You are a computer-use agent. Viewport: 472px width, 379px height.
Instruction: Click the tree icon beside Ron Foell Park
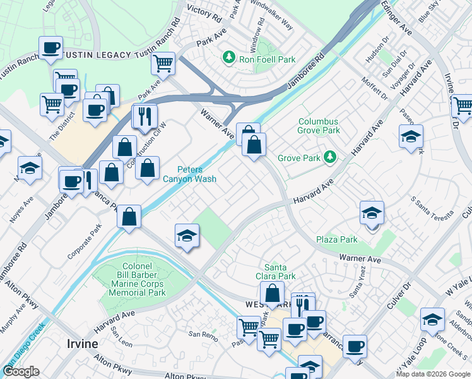pyautogui.click(x=228, y=59)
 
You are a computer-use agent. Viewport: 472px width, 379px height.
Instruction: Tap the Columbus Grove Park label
pyautogui.click(x=318, y=126)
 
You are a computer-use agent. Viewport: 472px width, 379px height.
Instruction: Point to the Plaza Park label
pyautogui.click(x=337, y=239)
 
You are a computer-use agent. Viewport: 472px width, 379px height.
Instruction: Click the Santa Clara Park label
pyautogui.click(x=280, y=272)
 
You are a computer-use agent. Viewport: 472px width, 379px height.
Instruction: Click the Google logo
pyautogui.click(x=21, y=371)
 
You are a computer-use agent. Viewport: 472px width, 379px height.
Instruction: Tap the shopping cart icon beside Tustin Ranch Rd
pyautogui.click(x=163, y=63)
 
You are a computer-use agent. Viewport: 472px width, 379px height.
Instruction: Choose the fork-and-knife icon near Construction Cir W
pyautogui.click(x=145, y=117)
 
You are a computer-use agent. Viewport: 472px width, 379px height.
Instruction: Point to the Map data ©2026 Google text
pyautogui.click(x=432, y=374)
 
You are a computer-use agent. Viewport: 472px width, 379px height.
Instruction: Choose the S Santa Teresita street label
pyautogui.click(x=432, y=208)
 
